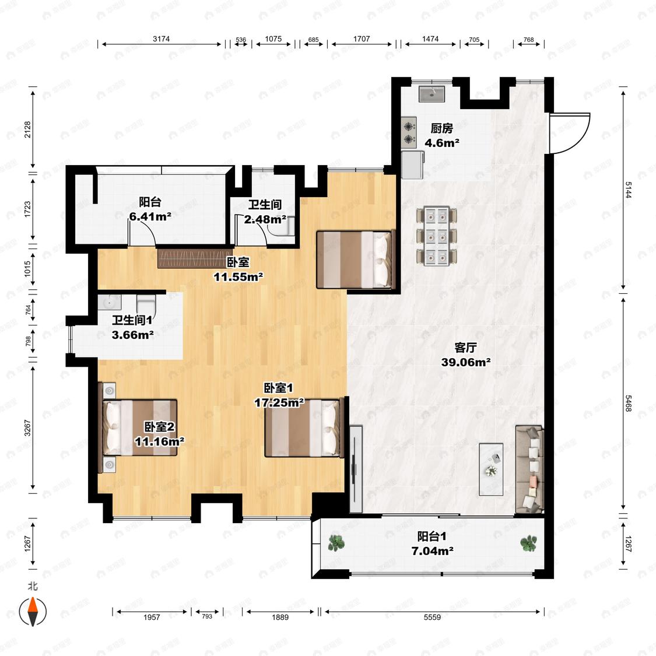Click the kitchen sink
432,94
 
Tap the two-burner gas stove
409,132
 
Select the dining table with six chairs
436,236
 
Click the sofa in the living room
529,469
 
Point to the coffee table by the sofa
491,469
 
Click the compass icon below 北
33,612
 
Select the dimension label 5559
432,617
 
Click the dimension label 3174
161,39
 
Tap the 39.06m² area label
466,362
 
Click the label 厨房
442,128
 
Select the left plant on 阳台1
336,543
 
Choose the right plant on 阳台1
529,543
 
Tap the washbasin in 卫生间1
110,302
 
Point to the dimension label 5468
628,403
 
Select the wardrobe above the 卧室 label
194,258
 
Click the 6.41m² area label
150,217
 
